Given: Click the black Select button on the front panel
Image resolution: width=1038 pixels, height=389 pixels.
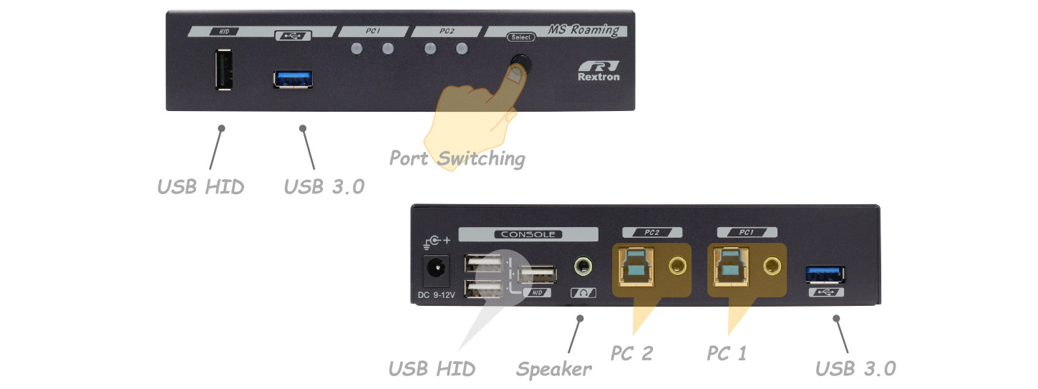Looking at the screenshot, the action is coord(520,64).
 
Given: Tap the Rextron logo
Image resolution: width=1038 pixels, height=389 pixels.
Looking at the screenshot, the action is coord(598,72).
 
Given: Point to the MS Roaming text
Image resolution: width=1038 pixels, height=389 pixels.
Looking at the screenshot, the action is coord(584,30).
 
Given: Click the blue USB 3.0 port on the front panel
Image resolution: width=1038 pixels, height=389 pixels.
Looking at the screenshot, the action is coord(292,80).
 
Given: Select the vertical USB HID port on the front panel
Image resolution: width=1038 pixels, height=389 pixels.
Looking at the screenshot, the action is coord(224,69).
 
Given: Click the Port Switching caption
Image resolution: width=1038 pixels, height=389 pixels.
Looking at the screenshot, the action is coord(457,158).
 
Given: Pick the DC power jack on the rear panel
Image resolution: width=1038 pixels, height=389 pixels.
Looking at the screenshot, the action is coord(436,270).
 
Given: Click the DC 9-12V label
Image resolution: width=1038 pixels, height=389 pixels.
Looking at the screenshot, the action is coord(436,295).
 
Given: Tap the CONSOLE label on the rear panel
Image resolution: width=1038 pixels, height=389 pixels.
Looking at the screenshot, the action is coord(528,234).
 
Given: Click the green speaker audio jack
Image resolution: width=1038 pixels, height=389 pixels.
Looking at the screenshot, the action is coord(583,266).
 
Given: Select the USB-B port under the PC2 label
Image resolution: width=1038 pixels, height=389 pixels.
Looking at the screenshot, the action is coord(636,267).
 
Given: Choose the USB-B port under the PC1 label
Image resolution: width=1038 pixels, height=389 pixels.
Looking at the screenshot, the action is coord(731,267).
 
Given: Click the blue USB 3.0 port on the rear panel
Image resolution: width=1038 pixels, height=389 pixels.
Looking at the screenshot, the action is coord(825,274).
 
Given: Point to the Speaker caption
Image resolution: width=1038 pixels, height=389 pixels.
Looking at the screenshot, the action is coord(554,370).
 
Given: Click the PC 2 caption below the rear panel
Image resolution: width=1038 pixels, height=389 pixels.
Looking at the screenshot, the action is coord(631,353).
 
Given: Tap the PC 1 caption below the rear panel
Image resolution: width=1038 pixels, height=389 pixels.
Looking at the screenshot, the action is coord(727,353).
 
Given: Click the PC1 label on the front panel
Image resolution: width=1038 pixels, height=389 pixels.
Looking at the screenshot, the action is coord(372,31).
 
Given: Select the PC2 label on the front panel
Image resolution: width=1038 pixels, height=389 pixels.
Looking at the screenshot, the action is coord(447,31).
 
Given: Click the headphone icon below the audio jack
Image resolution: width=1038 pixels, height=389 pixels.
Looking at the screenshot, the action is coord(583,293).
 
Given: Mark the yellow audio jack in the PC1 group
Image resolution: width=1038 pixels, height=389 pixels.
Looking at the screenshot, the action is coord(772,266).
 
